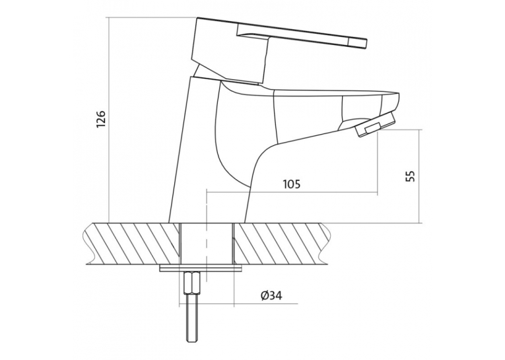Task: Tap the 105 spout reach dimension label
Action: (292, 184)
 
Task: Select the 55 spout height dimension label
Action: (410, 176)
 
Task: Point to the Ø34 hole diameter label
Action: (272, 295)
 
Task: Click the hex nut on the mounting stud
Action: (192, 283)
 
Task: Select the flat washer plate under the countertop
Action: (201, 268)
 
